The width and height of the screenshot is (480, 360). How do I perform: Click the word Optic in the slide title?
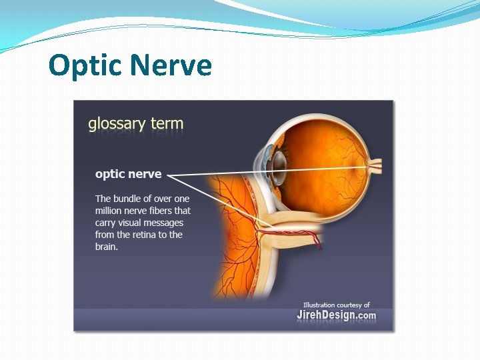coord(85,65)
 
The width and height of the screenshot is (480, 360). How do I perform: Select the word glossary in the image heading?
coord(116,123)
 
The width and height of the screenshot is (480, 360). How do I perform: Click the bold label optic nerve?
coord(128,174)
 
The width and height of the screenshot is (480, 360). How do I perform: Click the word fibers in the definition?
coord(174,211)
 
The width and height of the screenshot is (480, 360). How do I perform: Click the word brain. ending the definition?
coord(107,247)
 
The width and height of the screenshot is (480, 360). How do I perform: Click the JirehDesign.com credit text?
coord(336,315)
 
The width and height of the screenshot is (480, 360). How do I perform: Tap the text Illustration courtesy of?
coord(336,305)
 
